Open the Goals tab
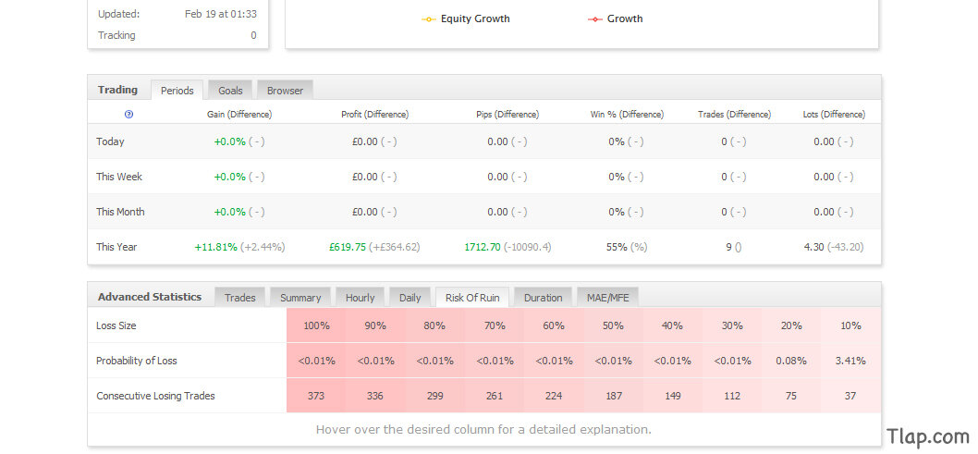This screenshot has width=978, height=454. (x=230, y=91)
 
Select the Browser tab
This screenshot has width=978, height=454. (x=285, y=91)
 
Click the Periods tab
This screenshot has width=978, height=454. (x=177, y=91)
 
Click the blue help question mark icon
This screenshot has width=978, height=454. (x=129, y=114)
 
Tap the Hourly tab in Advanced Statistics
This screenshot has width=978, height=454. (x=360, y=298)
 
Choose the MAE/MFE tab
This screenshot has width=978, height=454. (x=607, y=298)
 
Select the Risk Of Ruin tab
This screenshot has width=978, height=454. (x=472, y=298)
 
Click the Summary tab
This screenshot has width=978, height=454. (x=300, y=298)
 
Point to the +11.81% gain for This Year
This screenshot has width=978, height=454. (x=215, y=247)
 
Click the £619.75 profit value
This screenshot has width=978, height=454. (x=348, y=247)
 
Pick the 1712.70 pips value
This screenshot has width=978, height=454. (x=483, y=247)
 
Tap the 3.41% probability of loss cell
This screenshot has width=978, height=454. (x=850, y=361)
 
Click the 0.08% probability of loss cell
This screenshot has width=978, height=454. (x=791, y=361)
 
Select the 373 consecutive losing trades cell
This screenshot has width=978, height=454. (x=316, y=396)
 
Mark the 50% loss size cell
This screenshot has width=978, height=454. (x=613, y=325)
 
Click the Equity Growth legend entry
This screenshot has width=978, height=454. (x=466, y=18)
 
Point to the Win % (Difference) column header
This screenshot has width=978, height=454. (x=627, y=114)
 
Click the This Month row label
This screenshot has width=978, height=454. (x=120, y=212)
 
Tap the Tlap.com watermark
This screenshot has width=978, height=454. (x=928, y=436)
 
